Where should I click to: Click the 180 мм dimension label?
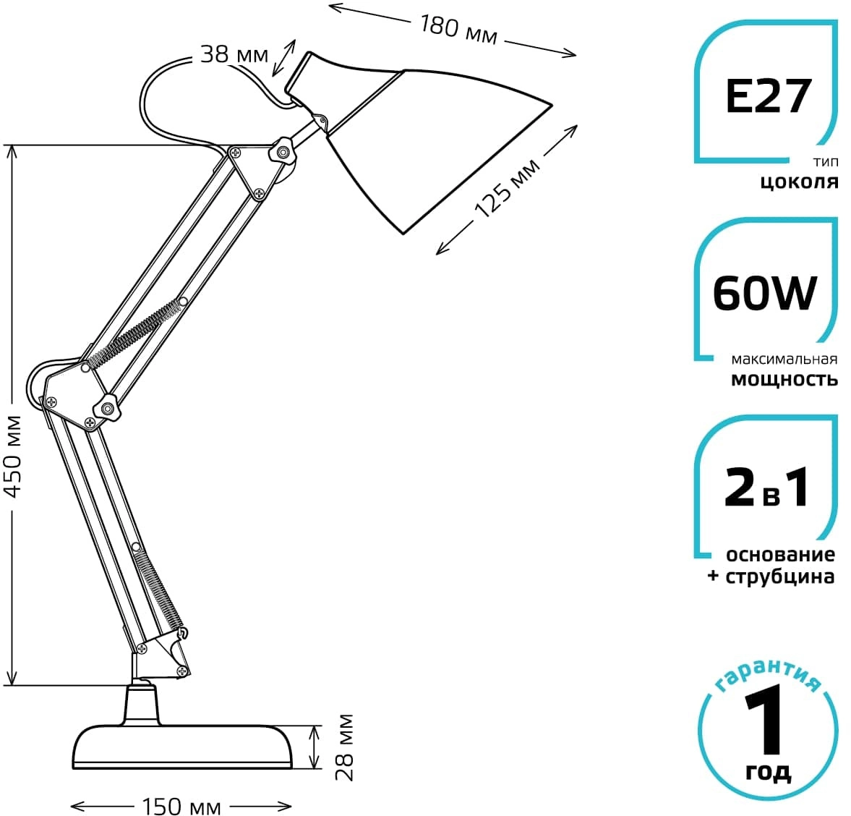tap(458, 30)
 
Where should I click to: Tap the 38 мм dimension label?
tap(234, 54)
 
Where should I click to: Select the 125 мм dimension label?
tap(508, 188)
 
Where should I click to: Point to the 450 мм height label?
tap(12, 456)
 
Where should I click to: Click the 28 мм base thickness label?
tap(344, 747)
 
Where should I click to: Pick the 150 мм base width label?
tap(181, 807)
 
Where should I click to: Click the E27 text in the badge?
tap(768, 96)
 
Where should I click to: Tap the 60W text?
tap(765, 293)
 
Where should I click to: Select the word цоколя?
tap(799, 182)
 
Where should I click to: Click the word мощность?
tap(784, 379)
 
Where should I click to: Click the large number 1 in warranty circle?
tap(765, 719)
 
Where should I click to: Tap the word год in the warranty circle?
tap(768, 771)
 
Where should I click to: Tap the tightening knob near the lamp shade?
tap(282, 151)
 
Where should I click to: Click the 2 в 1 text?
tap(766, 487)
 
